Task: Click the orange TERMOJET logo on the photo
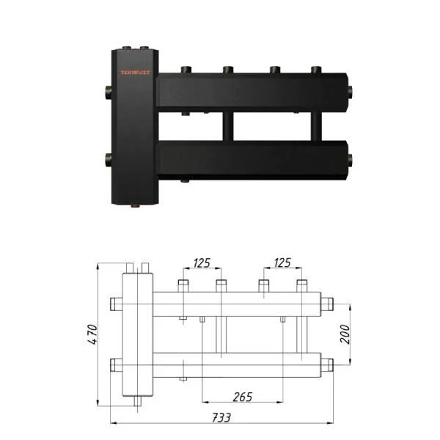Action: (136, 73)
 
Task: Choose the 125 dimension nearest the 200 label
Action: (281, 262)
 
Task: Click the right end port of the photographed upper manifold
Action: (351, 92)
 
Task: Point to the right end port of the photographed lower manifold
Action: (351, 157)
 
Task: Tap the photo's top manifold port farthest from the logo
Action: (316, 70)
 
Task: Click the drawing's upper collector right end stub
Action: (329, 303)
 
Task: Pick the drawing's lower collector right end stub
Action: (329, 363)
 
